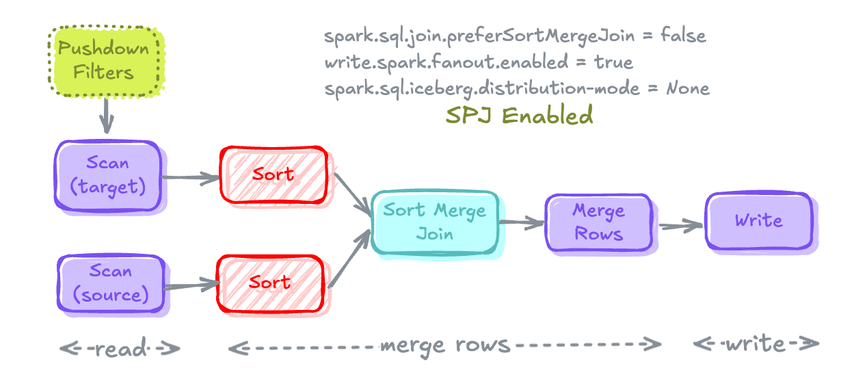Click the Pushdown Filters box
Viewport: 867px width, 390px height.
[105, 61]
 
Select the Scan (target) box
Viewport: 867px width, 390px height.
[108, 175]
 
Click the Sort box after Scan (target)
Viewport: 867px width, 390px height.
[273, 174]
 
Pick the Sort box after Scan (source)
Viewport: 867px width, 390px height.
[270, 282]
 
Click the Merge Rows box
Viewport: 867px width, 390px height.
[598, 222]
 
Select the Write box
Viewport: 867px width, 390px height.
[759, 220]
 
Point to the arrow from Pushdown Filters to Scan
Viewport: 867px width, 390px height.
[106, 116]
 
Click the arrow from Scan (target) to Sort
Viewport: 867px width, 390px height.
[190, 179]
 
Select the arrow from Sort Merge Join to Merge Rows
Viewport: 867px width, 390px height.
[522, 222]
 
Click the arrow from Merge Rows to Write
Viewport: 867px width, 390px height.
[681, 225]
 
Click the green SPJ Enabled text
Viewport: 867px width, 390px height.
[519, 116]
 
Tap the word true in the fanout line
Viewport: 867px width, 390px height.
[613, 62]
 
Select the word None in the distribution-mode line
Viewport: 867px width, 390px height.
[688, 88]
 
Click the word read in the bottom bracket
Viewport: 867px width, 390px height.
[120, 349]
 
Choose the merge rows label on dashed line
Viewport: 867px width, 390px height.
[444, 345]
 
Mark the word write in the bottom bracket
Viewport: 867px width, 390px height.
[755, 343]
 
